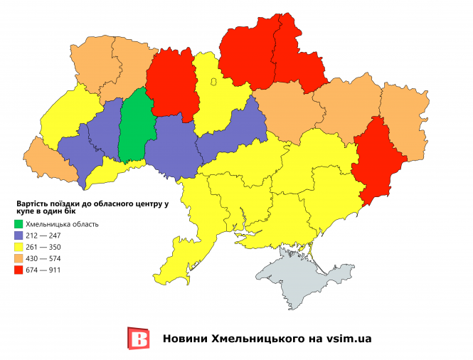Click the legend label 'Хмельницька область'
point(66,224)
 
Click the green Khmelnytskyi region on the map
point(135,128)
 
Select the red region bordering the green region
point(173,82)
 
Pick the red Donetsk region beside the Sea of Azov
point(375,160)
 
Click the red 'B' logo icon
point(138,339)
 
